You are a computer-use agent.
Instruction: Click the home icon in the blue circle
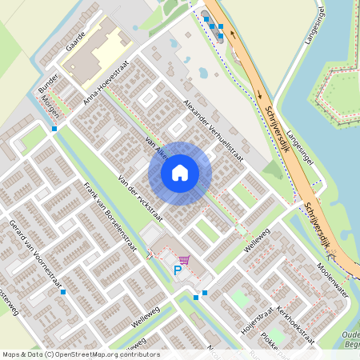click(180, 172)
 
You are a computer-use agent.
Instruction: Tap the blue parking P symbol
click(178, 271)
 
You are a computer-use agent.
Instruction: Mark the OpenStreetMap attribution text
click(80, 354)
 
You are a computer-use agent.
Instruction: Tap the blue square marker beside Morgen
click(54, 128)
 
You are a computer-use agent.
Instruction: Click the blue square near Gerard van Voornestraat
click(62, 292)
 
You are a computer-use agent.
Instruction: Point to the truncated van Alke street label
click(150, 145)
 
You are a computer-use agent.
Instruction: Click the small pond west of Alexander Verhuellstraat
click(203, 73)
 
